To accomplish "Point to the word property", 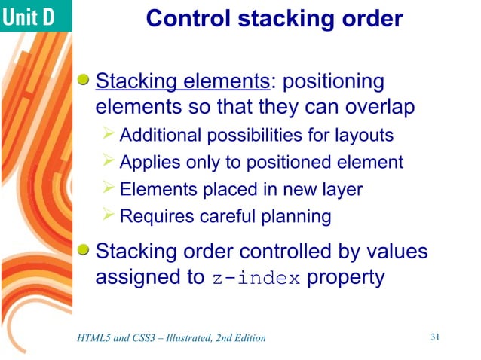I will click(x=346, y=277).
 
